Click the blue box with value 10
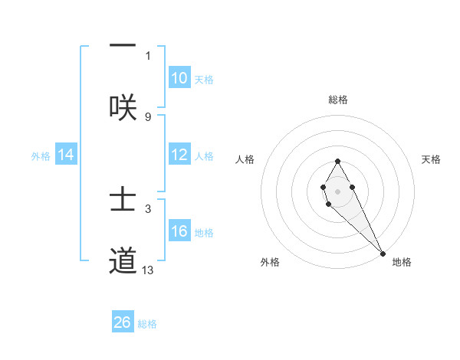pyautogui.click(x=179, y=78)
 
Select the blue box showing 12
pyautogui.click(x=179, y=155)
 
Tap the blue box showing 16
pyautogui.click(x=179, y=231)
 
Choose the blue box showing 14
pyautogui.click(x=66, y=155)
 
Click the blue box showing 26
pyautogui.click(x=123, y=322)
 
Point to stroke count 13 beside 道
pyautogui.click(x=148, y=270)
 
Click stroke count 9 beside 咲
pyautogui.click(x=148, y=116)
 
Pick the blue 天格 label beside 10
pyautogui.click(x=203, y=80)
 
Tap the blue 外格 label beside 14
pyautogui.click(x=41, y=156)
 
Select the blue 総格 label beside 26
pyautogui.click(x=147, y=324)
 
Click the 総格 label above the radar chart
pyautogui.click(x=338, y=100)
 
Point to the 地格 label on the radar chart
pyautogui.click(x=402, y=262)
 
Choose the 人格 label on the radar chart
pyautogui.click(x=245, y=159)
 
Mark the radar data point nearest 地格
pyautogui.click(x=383, y=253)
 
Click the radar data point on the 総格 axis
pyautogui.click(x=337, y=161)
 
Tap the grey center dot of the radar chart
pyautogui.click(x=337, y=190)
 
